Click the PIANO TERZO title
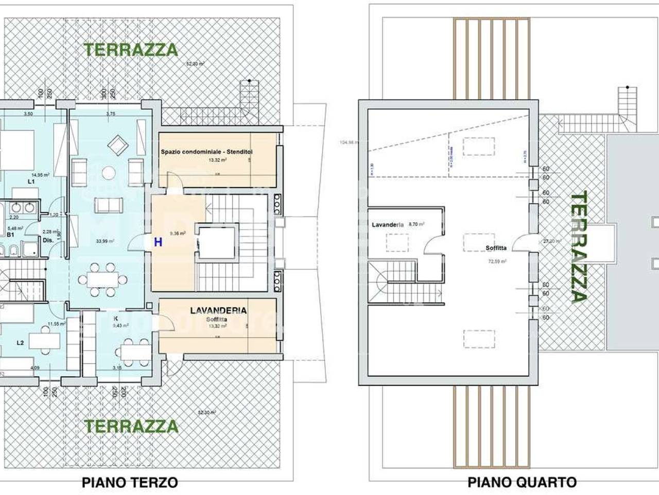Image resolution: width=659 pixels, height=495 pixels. pos(130,483)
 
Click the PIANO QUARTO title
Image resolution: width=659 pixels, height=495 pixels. pos(522,483)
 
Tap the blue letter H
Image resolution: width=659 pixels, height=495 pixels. pos(158,242)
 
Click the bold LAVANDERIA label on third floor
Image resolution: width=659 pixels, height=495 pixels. pos(218,311)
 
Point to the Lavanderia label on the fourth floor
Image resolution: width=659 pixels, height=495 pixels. pos(388,225)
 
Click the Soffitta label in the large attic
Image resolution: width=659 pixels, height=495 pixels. pos(496,248)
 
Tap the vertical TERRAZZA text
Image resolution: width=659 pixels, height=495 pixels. pos(579,246)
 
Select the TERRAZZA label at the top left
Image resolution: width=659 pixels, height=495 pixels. pos(131,50)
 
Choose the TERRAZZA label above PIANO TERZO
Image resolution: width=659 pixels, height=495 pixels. pos(131,426)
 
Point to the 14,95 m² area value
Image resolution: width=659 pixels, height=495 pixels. pos(40,175)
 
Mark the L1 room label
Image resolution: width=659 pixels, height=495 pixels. pos(31,182)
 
